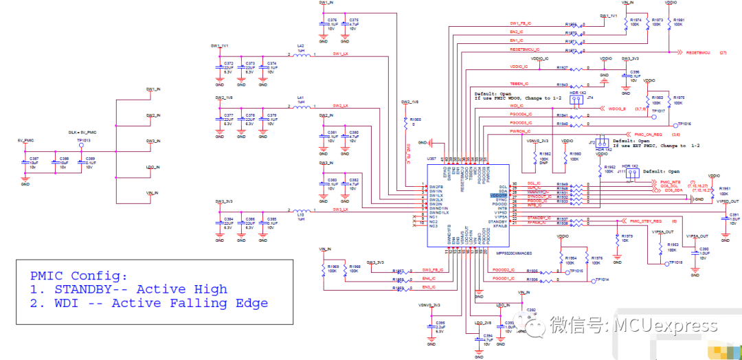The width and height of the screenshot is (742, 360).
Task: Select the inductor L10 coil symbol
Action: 300,210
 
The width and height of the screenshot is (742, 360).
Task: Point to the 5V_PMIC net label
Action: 25,139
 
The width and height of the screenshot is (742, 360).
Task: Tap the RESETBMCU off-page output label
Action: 694,52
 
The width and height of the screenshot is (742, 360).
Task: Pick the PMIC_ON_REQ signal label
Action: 647,135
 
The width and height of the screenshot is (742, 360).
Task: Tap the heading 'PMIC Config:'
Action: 78,275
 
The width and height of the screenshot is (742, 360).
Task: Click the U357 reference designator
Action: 431,158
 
